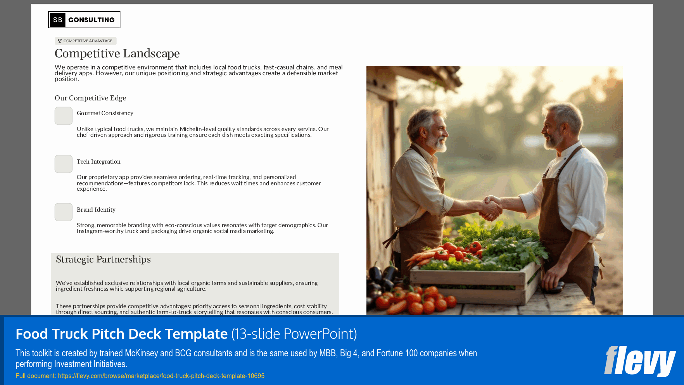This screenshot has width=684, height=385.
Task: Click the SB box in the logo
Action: tap(57, 20)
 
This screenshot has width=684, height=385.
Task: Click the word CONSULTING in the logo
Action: tap(92, 20)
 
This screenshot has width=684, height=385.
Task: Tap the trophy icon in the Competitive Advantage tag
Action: tap(60, 41)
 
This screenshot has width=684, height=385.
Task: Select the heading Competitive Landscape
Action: tap(117, 54)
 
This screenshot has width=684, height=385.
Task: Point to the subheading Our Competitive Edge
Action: tap(90, 98)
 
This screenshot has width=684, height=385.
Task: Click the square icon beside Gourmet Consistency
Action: tap(64, 116)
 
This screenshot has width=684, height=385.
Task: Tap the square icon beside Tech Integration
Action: tap(64, 164)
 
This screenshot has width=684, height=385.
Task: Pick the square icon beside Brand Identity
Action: tap(64, 212)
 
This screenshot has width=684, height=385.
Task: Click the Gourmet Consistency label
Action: tap(105, 113)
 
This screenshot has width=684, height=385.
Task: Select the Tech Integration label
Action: tap(98, 162)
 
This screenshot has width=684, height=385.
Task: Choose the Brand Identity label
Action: tap(96, 210)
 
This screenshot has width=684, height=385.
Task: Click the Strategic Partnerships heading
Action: tap(103, 259)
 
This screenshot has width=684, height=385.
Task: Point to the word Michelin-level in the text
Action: tap(196, 129)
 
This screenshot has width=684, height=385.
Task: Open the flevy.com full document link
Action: tap(161, 376)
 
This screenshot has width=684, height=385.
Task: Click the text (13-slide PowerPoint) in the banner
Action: tap(294, 334)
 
